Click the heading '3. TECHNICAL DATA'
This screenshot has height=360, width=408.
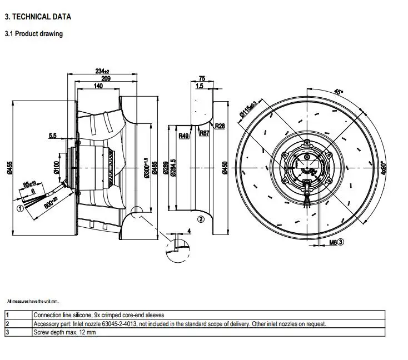tap(38, 17)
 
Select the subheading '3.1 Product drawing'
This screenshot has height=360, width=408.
tap(33, 34)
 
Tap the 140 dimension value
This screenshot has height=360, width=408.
tap(98, 87)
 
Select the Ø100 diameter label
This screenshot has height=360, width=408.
tap(56, 167)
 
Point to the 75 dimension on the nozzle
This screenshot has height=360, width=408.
tap(202, 79)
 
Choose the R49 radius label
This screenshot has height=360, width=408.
tap(183, 135)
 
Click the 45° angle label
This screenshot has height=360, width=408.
tap(339, 92)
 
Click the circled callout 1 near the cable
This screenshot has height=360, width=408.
tap(19, 209)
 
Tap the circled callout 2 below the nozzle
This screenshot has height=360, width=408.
tap(201, 219)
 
